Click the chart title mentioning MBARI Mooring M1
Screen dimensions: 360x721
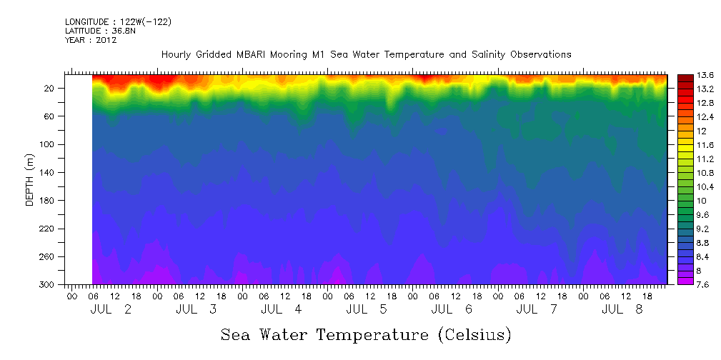point(366,55)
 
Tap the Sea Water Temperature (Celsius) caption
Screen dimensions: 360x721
point(366,334)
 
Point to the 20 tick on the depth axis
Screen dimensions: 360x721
point(50,89)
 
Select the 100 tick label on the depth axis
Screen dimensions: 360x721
point(48,144)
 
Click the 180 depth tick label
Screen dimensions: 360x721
point(48,201)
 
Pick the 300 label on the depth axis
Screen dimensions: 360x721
point(48,284)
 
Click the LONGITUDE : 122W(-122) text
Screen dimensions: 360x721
point(118,22)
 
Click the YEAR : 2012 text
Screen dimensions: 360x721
point(91,41)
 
